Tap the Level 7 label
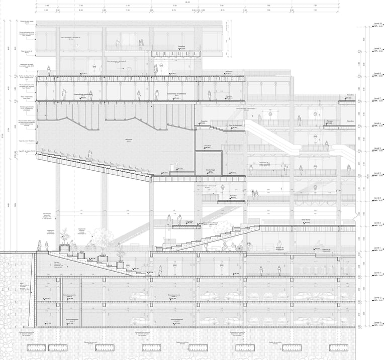click(x=377, y=99)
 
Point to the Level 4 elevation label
click(x=377, y=174)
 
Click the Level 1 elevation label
click(x=377, y=248)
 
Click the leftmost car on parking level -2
click(x=139, y=297)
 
